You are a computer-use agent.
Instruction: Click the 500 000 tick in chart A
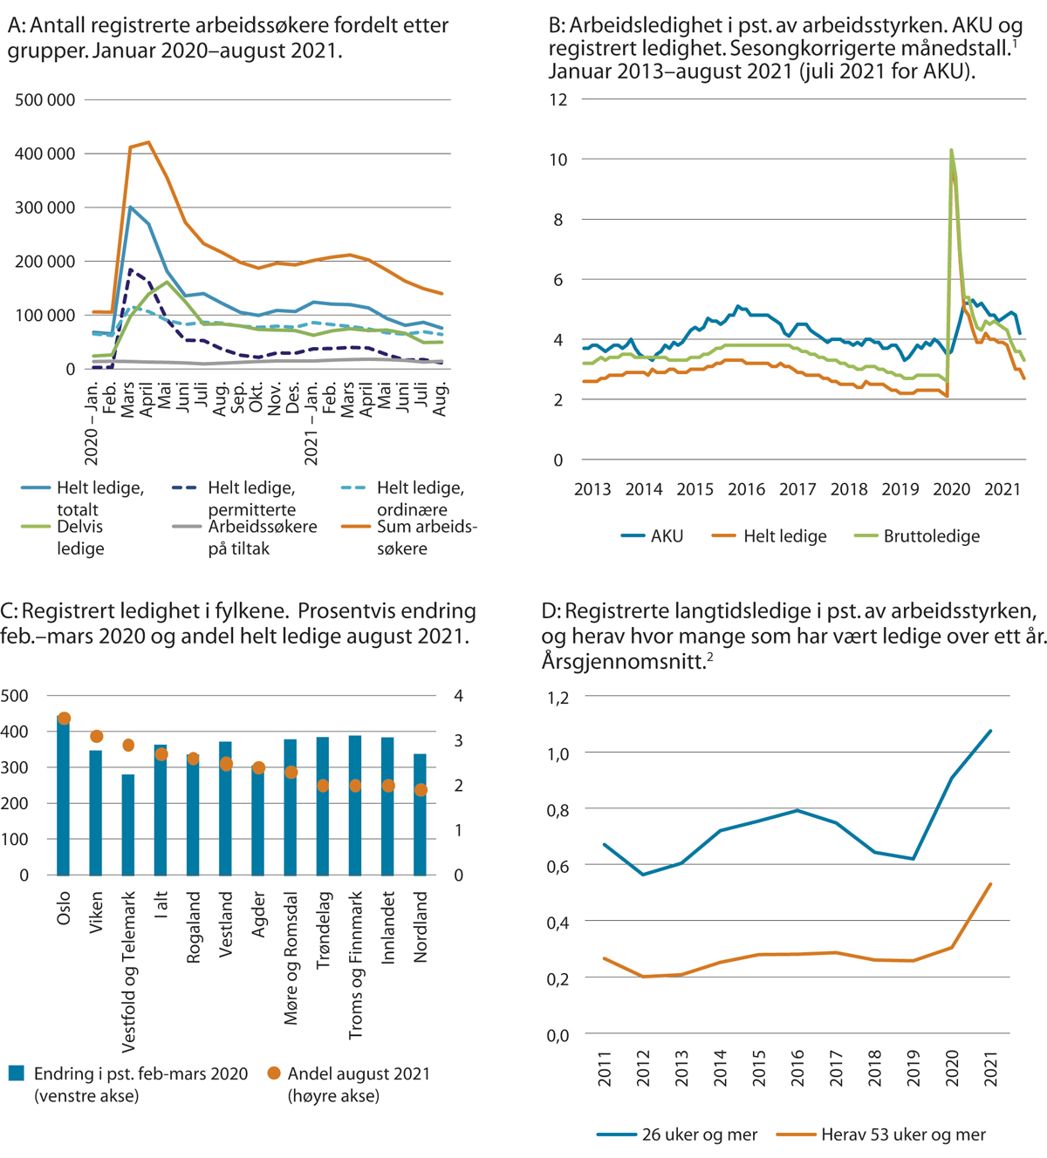(x=45, y=100)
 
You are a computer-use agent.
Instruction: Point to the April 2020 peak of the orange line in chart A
(x=148, y=142)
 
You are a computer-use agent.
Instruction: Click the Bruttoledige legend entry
(x=931, y=536)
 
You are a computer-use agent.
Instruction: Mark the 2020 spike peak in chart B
(x=951, y=150)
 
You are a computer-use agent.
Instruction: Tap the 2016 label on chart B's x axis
(x=746, y=489)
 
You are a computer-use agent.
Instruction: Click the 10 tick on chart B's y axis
(x=558, y=160)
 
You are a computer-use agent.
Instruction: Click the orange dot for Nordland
(x=421, y=790)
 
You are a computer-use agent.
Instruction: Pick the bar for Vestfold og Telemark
(x=128, y=824)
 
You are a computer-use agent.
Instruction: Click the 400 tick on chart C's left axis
(x=14, y=732)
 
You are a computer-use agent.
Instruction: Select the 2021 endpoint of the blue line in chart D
(x=990, y=731)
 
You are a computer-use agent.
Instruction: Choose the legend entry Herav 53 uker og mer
(x=902, y=1134)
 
